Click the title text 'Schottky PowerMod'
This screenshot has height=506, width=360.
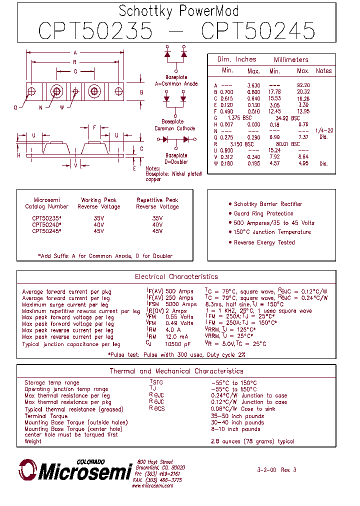pyautogui.click(x=178, y=10)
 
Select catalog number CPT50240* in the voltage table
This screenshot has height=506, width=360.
pyautogui.click(x=46, y=225)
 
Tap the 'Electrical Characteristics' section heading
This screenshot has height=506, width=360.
pyautogui.click(x=176, y=276)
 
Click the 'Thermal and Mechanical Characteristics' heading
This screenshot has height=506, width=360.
pyautogui.click(x=176, y=371)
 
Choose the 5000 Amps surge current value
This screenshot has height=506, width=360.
pyautogui.click(x=181, y=304)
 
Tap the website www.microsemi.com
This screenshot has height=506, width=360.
pyautogui.click(x=152, y=485)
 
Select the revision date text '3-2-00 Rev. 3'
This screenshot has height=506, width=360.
pyautogui.click(x=276, y=470)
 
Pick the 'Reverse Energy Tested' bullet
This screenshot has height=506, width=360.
pyautogui.click(x=264, y=242)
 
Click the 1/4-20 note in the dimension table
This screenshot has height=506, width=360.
pyautogui.click(x=323, y=130)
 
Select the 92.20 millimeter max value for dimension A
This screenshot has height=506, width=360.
pyautogui.click(x=303, y=85)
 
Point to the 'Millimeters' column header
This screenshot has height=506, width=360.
pyautogui.click(x=291, y=59)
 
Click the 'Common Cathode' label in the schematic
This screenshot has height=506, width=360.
pyautogui.click(x=171, y=128)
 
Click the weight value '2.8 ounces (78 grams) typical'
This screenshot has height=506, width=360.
pyautogui.click(x=252, y=441)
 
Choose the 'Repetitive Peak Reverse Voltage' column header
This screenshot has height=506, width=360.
pyautogui.click(x=157, y=203)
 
